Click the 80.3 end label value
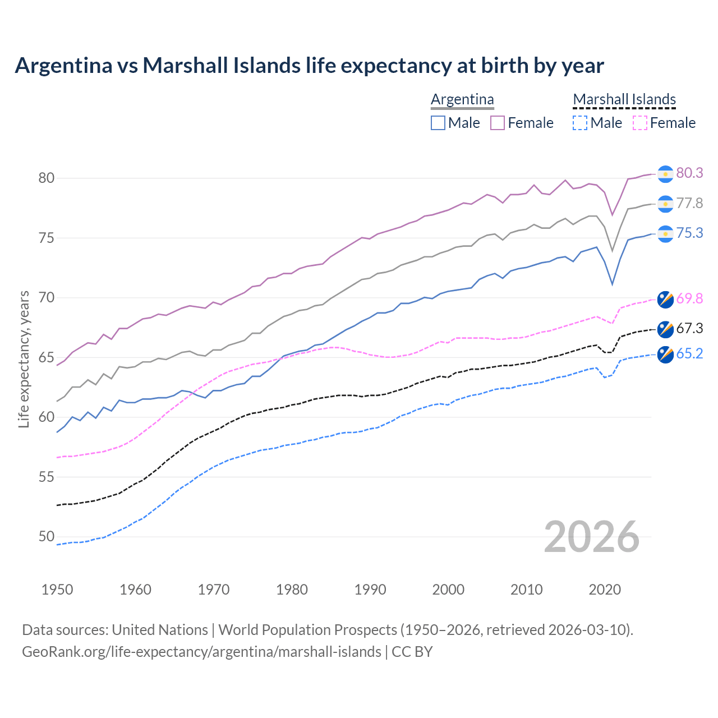(689, 173)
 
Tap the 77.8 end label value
(689, 204)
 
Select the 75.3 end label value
(689, 233)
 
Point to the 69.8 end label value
(689, 299)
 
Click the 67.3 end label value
(689, 329)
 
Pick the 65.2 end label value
(689, 354)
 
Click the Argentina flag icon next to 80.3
(665, 174)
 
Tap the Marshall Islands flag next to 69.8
(665, 300)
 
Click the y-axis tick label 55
(47, 477)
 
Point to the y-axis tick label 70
(47, 298)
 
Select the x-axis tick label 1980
(292, 590)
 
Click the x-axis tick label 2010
(526, 590)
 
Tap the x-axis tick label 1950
(57, 590)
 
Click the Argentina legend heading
(462, 100)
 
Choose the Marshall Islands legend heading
(624, 100)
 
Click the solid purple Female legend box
(498, 123)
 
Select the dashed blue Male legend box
(580, 123)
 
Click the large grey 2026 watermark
(591, 537)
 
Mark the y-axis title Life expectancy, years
(24, 359)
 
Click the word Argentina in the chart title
(63, 66)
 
